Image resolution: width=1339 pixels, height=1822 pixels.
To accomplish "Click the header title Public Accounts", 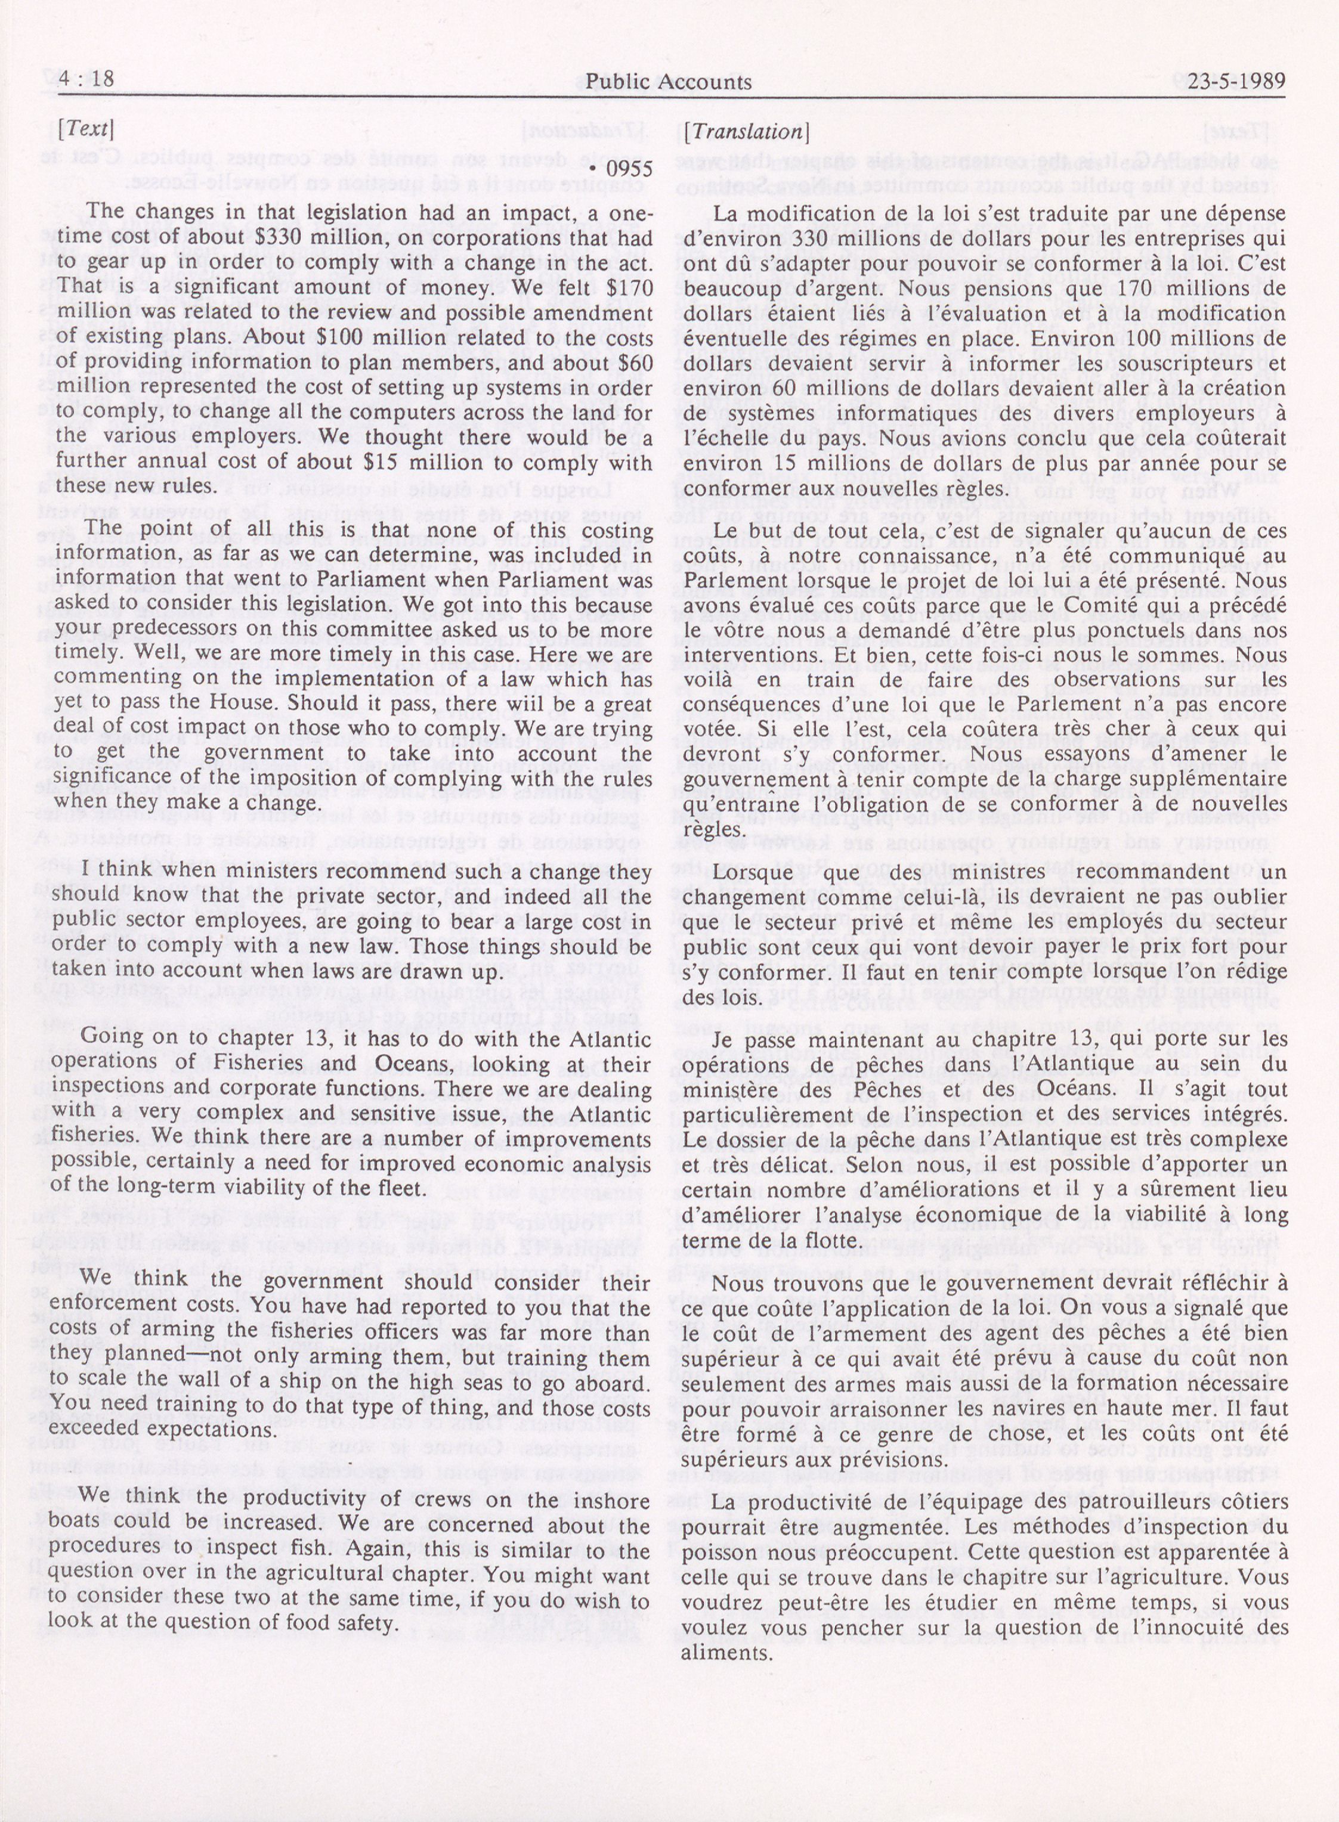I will [x=668, y=82].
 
